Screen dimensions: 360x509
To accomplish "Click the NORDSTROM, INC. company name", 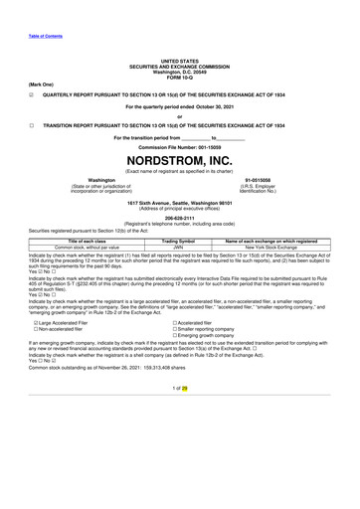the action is (180, 158).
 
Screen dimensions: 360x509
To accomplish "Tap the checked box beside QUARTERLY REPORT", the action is (33, 83).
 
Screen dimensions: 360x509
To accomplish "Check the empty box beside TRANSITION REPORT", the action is (33, 126).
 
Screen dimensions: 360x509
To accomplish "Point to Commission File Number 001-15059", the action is (180, 146).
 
